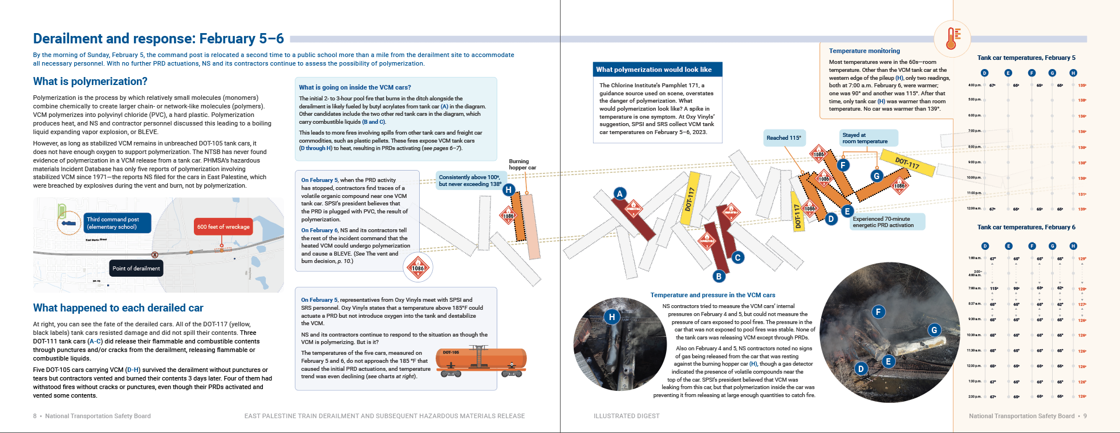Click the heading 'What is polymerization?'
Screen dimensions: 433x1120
coord(90,82)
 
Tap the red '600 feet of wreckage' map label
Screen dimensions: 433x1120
coord(224,226)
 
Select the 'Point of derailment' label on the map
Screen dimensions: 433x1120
coord(136,268)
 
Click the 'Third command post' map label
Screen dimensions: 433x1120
coord(118,223)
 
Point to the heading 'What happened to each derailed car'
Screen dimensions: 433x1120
coord(118,308)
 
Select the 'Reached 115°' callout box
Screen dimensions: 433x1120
coord(784,137)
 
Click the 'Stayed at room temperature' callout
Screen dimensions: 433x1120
coord(866,138)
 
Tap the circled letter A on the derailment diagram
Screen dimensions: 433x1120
coord(620,193)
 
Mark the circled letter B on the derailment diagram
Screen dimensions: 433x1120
coord(719,276)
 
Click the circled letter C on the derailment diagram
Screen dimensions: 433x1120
coord(737,257)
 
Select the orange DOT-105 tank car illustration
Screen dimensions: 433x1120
coord(480,361)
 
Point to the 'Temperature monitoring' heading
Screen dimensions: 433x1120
coord(864,51)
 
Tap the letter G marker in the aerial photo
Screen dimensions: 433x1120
coord(934,330)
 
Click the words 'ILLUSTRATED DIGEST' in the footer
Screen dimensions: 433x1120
coord(626,416)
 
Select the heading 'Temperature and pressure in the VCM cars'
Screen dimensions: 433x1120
coord(712,295)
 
